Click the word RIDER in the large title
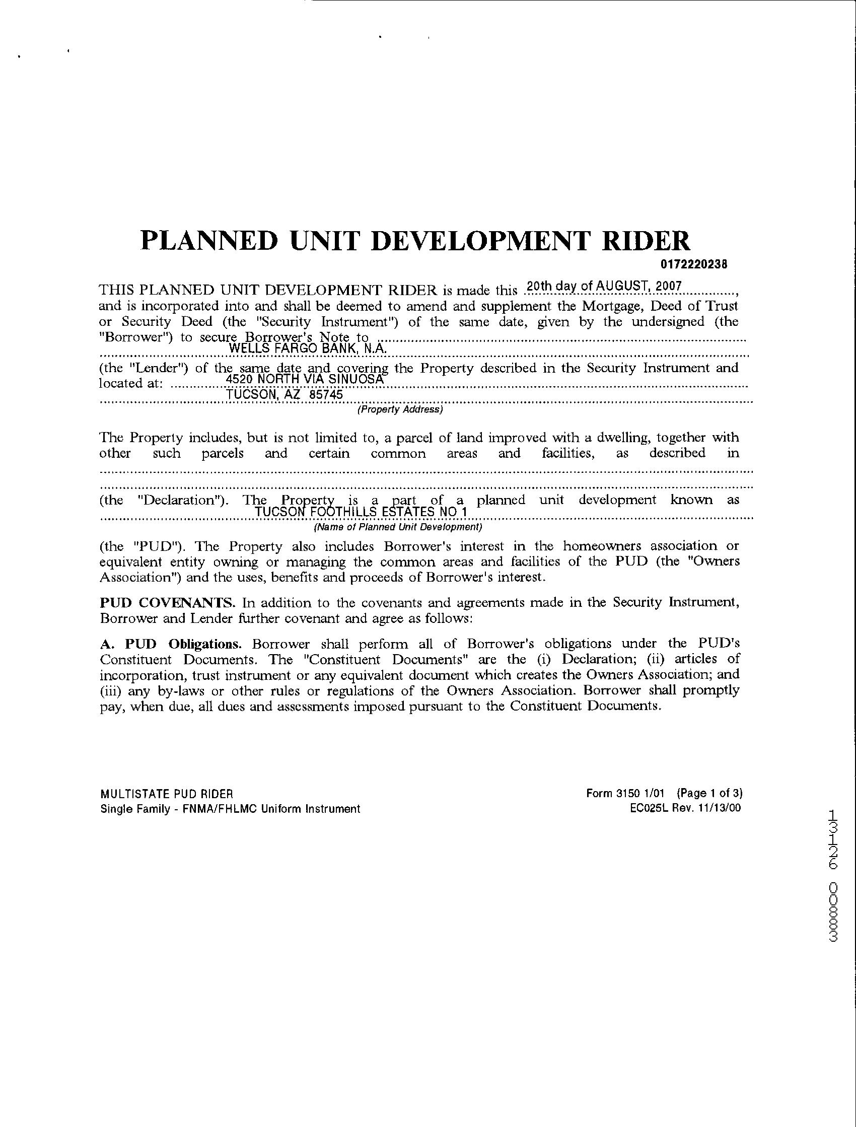[x=646, y=241]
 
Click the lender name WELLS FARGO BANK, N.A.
[x=309, y=348]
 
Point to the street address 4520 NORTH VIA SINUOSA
[x=304, y=379]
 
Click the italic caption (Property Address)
[x=400, y=409]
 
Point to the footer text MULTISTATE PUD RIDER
[x=167, y=794]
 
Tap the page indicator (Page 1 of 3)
[x=709, y=793]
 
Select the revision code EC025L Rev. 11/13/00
[x=685, y=808]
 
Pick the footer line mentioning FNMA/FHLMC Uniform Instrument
[x=230, y=809]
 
